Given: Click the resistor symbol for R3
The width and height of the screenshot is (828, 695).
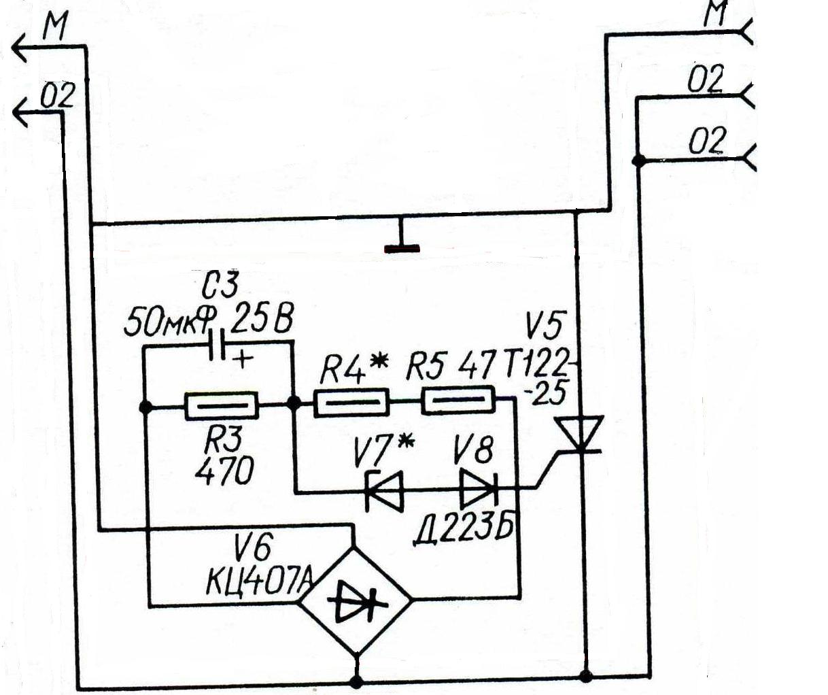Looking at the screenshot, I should pyautogui.click(x=222, y=406).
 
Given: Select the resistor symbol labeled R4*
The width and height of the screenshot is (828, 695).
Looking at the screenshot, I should pyautogui.click(x=351, y=403).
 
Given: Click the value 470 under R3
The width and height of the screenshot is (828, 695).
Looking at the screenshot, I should pyautogui.click(x=224, y=471).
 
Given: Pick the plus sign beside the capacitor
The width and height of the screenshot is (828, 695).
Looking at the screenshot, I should pyautogui.click(x=242, y=359).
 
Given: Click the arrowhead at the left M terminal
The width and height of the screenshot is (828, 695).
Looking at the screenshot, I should pyautogui.click(x=22, y=48).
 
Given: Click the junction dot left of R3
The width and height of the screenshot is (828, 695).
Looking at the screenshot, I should pyautogui.click(x=145, y=407).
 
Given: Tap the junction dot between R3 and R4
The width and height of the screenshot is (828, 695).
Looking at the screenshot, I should pyautogui.click(x=294, y=403).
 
